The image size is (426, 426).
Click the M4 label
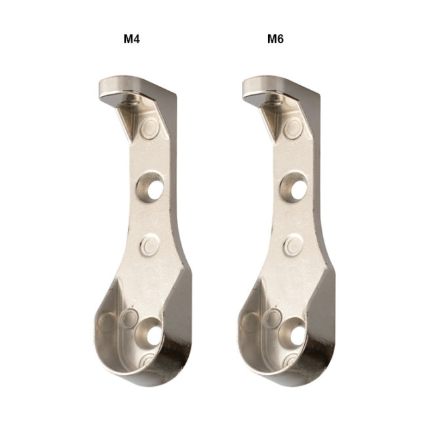point(132,39)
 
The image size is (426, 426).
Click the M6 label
point(275,39)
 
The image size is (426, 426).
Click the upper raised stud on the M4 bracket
point(150,128)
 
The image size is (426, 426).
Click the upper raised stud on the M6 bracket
point(294,128)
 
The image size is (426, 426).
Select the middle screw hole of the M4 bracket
point(150,187)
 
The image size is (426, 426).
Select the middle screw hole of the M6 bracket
point(294,187)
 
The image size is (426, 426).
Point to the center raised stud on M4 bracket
point(149,245)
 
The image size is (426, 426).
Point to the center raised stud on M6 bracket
point(292,245)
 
